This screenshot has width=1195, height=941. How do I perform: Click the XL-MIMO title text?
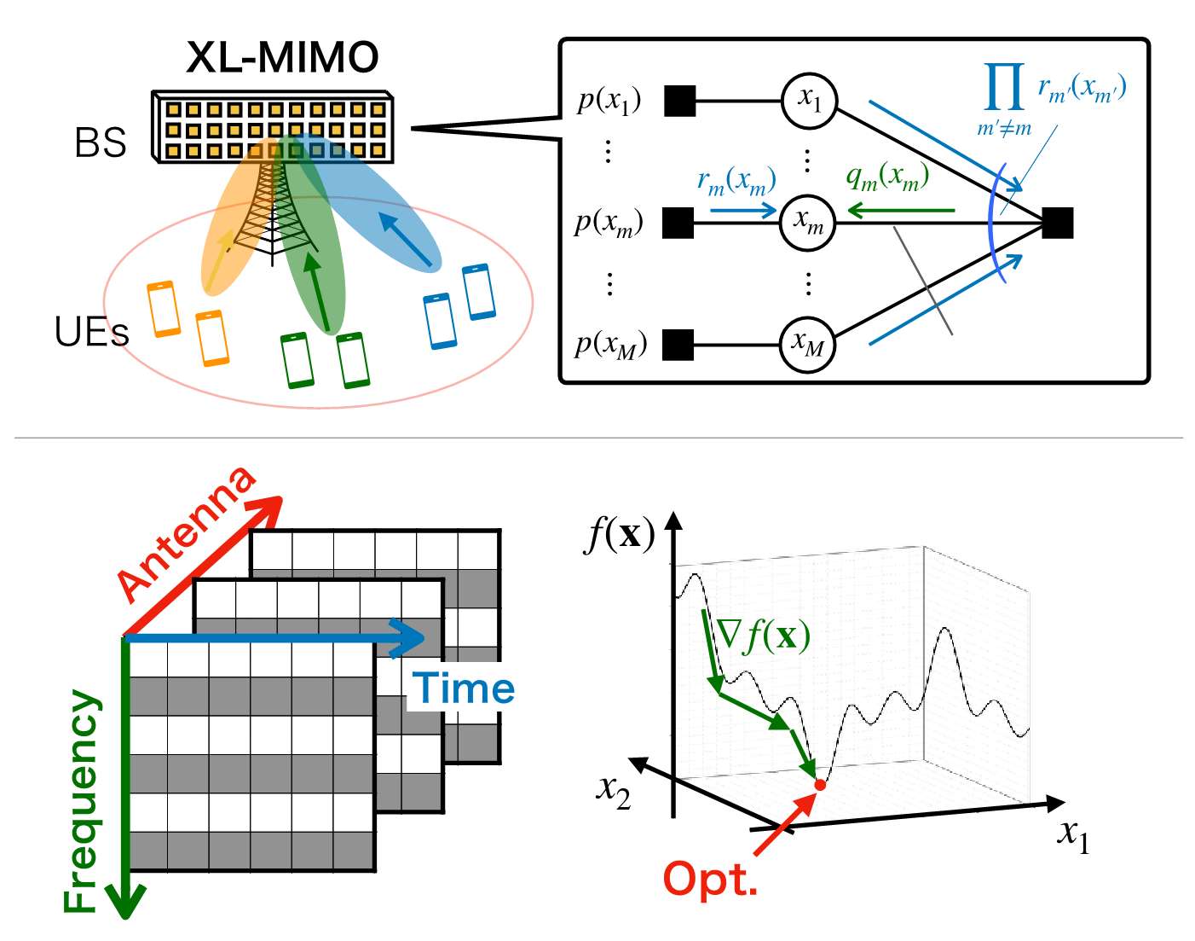pyautogui.click(x=282, y=58)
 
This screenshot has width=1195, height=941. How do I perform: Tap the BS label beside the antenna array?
pyautogui.click(x=101, y=142)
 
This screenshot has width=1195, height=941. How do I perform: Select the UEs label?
pyautogui.click(x=91, y=331)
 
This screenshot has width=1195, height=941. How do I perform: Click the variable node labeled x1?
pyautogui.click(x=809, y=101)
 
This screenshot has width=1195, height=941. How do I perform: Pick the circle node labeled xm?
pyautogui.click(x=809, y=223)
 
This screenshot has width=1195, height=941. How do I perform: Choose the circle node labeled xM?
pyautogui.click(x=808, y=344)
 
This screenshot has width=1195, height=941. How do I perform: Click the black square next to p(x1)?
pyautogui.click(x=679, y=101)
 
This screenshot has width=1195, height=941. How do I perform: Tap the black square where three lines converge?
pyautogui.click(x=1057, y=223)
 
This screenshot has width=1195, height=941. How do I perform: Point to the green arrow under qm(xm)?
pyautogui.click(x=900, y=209)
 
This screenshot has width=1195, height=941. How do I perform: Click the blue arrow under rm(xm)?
pyautogui.click(x=742, y=209)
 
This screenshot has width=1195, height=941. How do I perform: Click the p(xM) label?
pyautogui.click(x=610, y=344)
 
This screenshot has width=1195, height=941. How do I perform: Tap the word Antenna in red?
pyautogui.click(x=187, y=533)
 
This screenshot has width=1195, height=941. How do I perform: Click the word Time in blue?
pyautogui.click(x=464, y=688)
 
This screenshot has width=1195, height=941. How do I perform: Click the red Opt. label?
pyautogui.click(x=709, y=879)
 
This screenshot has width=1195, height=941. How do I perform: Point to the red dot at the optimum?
pyautogui.click(x=820, y=784)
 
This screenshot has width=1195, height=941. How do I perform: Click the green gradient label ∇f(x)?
pyautogui.click(x=763, y=635)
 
